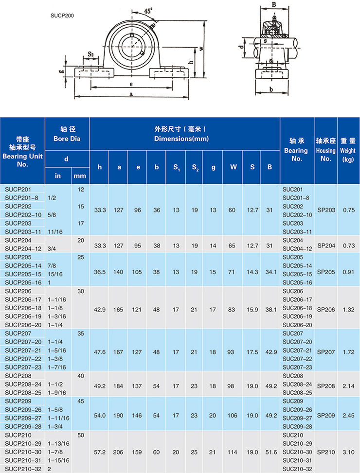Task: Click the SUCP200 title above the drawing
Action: (62, 15)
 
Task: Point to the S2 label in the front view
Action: (91, 53)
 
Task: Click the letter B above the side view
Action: (274, 5)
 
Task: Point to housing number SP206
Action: (325, 308)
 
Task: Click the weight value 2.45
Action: (348, 415)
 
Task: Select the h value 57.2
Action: (100, 452)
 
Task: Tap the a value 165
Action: (119, 308)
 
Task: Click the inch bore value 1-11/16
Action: (58, 418)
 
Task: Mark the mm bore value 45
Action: (81, 401)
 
